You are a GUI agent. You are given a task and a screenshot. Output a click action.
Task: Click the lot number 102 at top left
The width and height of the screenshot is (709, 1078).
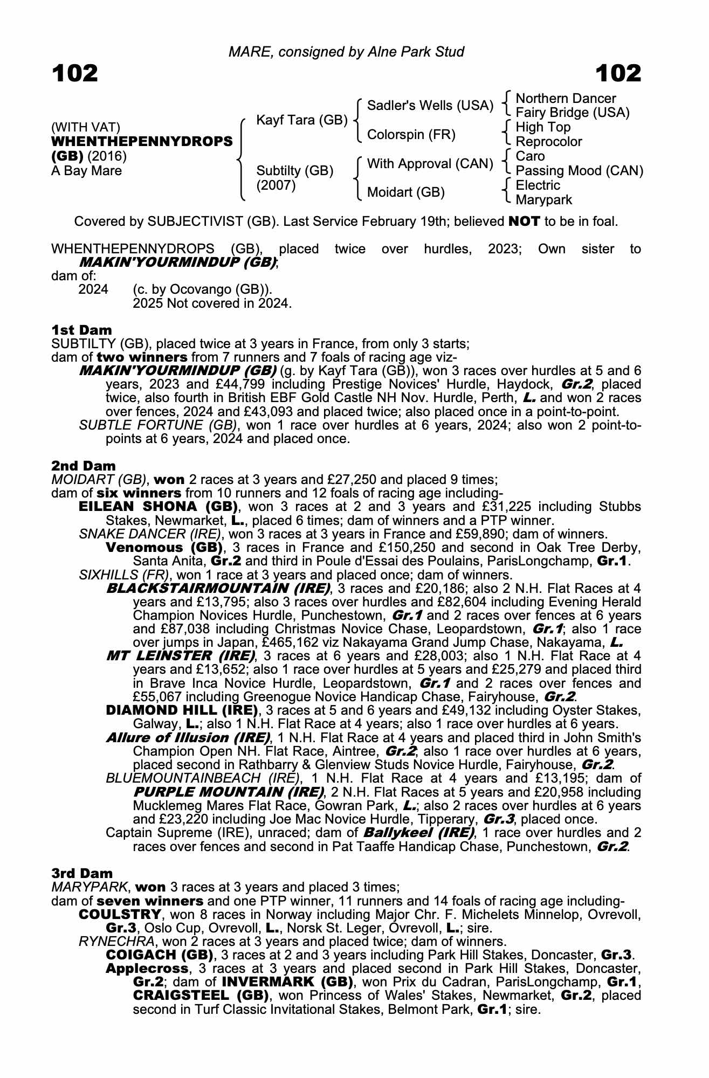[x=75, y=73]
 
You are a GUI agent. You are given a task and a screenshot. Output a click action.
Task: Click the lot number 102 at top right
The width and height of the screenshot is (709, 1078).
[x=618, y=73]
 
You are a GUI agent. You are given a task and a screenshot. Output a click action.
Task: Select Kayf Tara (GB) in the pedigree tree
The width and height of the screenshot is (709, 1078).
[x=301, y=120]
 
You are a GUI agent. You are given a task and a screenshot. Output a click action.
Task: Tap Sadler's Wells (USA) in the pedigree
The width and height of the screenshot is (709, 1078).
[x=430, y=105]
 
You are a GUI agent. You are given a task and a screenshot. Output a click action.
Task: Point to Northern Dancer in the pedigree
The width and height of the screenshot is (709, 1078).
[x=566, y=98]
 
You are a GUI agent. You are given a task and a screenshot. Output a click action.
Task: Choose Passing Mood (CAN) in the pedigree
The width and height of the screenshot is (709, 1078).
[x=580, y=171]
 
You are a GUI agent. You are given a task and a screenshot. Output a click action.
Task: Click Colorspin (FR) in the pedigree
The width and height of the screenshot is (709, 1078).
[x=411, y=134]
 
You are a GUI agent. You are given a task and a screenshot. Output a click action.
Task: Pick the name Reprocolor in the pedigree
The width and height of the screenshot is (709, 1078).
[x=549, y=142]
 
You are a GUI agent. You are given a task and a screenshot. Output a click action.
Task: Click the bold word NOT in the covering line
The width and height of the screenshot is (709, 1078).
[x=524, y=221]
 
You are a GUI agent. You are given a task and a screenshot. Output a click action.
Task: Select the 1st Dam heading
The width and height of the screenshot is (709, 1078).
[x=82, y=330]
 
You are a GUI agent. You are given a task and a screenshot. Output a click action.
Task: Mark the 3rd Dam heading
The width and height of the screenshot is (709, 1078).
[x=82, y=873]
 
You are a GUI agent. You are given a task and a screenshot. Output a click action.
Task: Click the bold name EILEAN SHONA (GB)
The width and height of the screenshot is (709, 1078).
[x=159, y=507]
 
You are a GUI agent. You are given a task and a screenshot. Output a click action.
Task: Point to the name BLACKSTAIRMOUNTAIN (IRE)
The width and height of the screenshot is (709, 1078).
[x=218, y=588]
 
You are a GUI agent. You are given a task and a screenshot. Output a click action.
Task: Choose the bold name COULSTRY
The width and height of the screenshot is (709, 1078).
[x=120, y=914]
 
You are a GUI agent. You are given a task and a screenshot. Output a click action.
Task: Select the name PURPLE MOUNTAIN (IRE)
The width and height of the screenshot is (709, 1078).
[x=228, y=792]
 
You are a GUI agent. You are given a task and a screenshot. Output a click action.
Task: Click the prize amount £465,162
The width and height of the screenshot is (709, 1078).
[x=287, y=642]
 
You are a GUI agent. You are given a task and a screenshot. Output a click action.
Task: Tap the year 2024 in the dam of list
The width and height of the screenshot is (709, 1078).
[x=93, y=289]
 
